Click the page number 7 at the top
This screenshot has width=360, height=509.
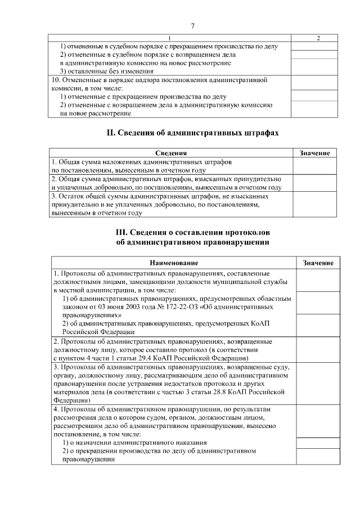point(192,26)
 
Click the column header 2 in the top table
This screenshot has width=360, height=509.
point(318,38)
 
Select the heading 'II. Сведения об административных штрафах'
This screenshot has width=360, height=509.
point(192,133)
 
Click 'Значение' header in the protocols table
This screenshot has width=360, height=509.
point(318,263)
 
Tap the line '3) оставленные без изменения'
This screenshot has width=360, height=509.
point(107,71)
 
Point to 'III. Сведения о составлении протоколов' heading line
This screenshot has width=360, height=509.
point(192,232)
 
